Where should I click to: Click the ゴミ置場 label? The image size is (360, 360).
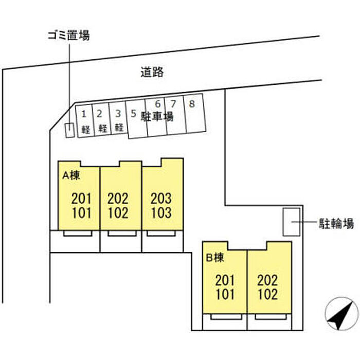click(68, 35)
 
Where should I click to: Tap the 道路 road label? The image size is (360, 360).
click(152, 72)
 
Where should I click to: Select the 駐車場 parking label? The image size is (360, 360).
click(157, 116)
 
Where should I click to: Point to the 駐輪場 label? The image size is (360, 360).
click(336, 223)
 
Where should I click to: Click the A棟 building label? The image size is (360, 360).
click(71, 175)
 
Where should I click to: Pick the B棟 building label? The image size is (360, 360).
click(215, 258)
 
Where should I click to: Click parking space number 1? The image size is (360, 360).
click(84, 114)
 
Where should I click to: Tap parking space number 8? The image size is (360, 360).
click(192, 104)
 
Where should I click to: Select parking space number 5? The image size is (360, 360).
click(133, 114)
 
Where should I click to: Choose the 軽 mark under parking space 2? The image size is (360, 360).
click(103, 129)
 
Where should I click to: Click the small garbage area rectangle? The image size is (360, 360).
click(70, 130)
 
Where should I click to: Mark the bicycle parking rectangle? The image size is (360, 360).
click(292, 222)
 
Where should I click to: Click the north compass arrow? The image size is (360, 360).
click(341, 314)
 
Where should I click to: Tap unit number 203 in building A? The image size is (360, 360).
click(161, 199)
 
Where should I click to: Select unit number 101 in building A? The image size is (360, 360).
click(81, 212)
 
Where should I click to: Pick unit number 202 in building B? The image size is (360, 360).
click(267, 280)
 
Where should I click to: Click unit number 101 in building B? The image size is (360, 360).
click(225, 294)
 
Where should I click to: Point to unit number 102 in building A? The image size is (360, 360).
click(118, 212)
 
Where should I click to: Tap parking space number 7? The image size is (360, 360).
click(173, 104)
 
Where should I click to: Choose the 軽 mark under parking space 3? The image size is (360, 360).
click(119, 128)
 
